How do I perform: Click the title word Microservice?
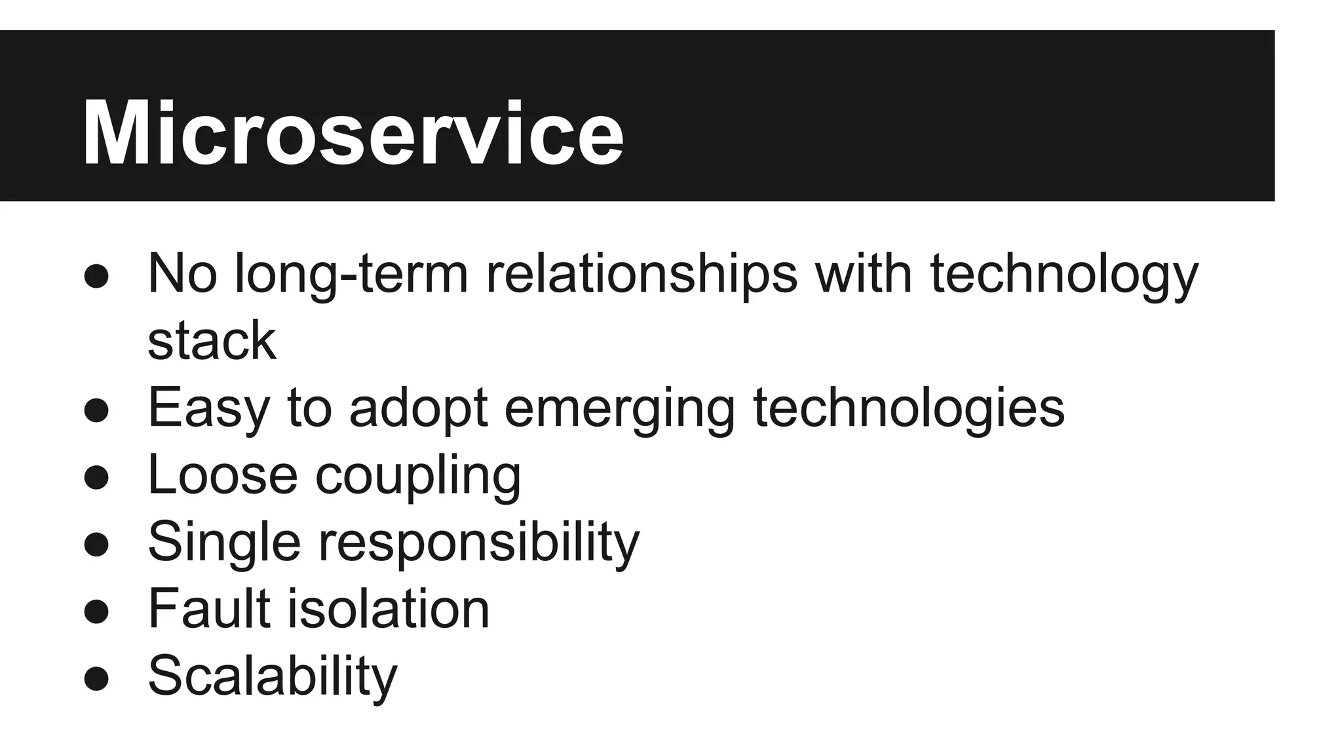pyautogui.click(x=352, y=134)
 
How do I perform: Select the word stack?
pyautogui.click(x=212, y=341)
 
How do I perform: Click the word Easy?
pyautogui.click(x=208, y=408)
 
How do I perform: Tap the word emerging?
pyautogui.click(x=619, y=408)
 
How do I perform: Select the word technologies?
pyautogui.click(x=909, y=408)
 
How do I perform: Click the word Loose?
pyautogui.click(x=223, y=474)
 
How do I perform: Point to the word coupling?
pyautogui.click(x=418, y=474)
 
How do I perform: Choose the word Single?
pyautogui.click(x=224, y=542)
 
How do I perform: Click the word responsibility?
pyautogui.click(x=479, y=542)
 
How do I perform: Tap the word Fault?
pyautogui.click(x=209, y=609)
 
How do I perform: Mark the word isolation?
pyautogui.click(x=389, y=609)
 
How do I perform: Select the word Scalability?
pyautogui.click(x=273, y=676)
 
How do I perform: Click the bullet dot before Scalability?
pyautogui.click(x=96, y=679)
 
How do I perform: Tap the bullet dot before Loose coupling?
pyautogui.click(x=96, y=478)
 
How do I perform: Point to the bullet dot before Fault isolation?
pyautogui.click(x=96, y=612)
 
